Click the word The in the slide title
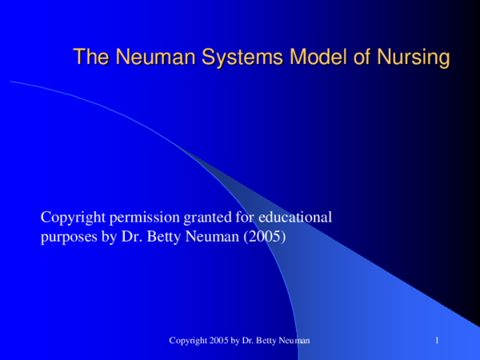click(x=90, y=58)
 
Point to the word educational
click(x=299, y=217)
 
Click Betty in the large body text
click(x=169, y=238)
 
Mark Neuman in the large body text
click(x=214, y=238)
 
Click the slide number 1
click(x=438, y=342)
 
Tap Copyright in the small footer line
click(x=188, y=342)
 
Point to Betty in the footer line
click(x=267, y=342)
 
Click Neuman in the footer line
click(x=295, y=342)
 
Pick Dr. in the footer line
click(x=250, y=342)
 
